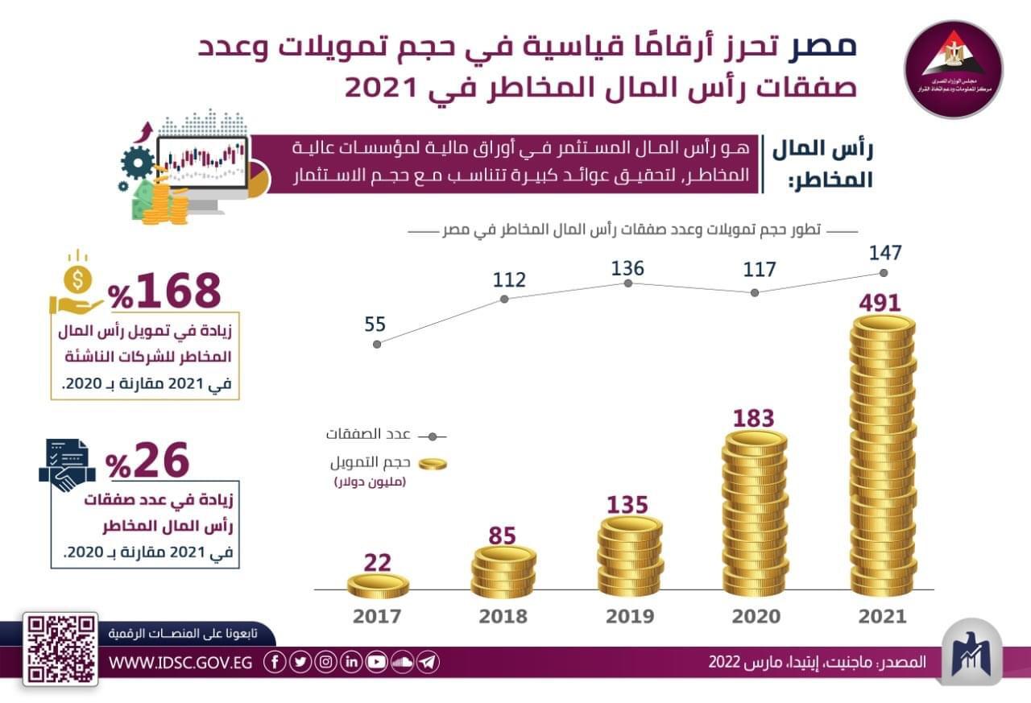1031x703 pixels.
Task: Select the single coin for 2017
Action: tap(379, 585)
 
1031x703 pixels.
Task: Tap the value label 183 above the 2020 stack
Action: tap(753, 419)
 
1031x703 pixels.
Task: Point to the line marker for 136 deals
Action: tap(628, 283)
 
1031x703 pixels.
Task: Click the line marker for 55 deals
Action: tap(377, 343)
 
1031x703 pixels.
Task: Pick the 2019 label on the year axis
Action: tap(629, 617)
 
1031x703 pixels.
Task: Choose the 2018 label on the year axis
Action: tap(503, 617)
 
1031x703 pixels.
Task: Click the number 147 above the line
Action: tap(884, 252)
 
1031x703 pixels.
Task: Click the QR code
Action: tap(60, 649)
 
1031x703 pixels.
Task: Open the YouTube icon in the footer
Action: tap(376, 662)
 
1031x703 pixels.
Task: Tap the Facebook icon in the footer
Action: tap(275, 662)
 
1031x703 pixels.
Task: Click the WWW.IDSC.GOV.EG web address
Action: tap(180, 662)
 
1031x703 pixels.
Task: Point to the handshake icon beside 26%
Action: tap(67, 465)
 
